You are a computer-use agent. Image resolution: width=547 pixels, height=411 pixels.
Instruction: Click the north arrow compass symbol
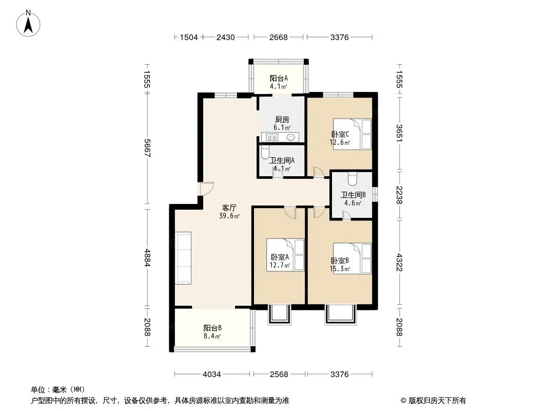pos(28,24)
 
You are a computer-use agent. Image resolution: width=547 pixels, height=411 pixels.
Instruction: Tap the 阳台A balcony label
pos(279,79)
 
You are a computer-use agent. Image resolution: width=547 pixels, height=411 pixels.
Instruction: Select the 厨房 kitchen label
pos(282,119)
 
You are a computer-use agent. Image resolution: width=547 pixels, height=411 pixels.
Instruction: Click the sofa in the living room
pos(183,258)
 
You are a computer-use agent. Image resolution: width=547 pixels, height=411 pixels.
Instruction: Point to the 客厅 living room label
pos(229,208)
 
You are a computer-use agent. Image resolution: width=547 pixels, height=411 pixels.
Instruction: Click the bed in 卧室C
pos(352,134)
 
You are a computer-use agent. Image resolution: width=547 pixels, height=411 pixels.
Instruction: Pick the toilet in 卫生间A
pos(265,152)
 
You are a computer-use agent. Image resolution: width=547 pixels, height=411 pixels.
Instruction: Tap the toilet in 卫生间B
pos(352,178)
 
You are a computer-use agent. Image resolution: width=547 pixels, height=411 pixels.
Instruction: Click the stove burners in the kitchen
pos(272,138)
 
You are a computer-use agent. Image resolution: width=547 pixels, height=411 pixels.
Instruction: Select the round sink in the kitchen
pos(290,138)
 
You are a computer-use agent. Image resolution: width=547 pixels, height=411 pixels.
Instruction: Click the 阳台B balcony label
pos(212,328)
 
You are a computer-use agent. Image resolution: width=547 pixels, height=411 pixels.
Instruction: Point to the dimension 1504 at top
pos(189,37)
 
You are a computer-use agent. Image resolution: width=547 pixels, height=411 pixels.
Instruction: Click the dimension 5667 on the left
pos(147,148)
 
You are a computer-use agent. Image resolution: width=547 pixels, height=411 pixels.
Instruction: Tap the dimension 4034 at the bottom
pos(212,375)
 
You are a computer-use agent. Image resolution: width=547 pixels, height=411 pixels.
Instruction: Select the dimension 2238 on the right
pos(399,195)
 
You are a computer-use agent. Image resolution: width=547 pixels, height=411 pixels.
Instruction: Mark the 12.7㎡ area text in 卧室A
pos(280,266)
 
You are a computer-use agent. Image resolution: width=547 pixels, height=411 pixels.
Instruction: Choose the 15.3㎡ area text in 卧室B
pos(340,269)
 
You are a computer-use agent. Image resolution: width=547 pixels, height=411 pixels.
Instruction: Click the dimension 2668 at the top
pos(279,37)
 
